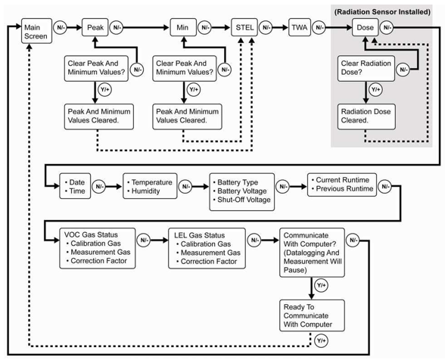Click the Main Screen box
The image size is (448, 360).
36,31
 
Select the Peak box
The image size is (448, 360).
95,27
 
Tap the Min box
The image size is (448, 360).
183,27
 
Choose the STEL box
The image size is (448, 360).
244,27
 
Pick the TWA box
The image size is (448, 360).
300,27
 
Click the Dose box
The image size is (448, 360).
366,27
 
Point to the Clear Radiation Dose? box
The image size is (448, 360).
366,69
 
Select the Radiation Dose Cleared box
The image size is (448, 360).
366,116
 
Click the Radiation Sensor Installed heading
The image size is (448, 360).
382,12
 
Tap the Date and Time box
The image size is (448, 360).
75,186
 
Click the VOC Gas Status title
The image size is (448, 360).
91,234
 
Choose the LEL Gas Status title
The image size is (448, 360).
200,235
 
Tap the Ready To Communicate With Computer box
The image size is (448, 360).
312,315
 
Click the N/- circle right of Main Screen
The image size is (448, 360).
61,28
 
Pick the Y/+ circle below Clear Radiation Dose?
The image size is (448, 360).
375,90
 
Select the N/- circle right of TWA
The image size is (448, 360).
319,28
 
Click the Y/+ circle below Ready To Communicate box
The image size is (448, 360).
321,340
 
